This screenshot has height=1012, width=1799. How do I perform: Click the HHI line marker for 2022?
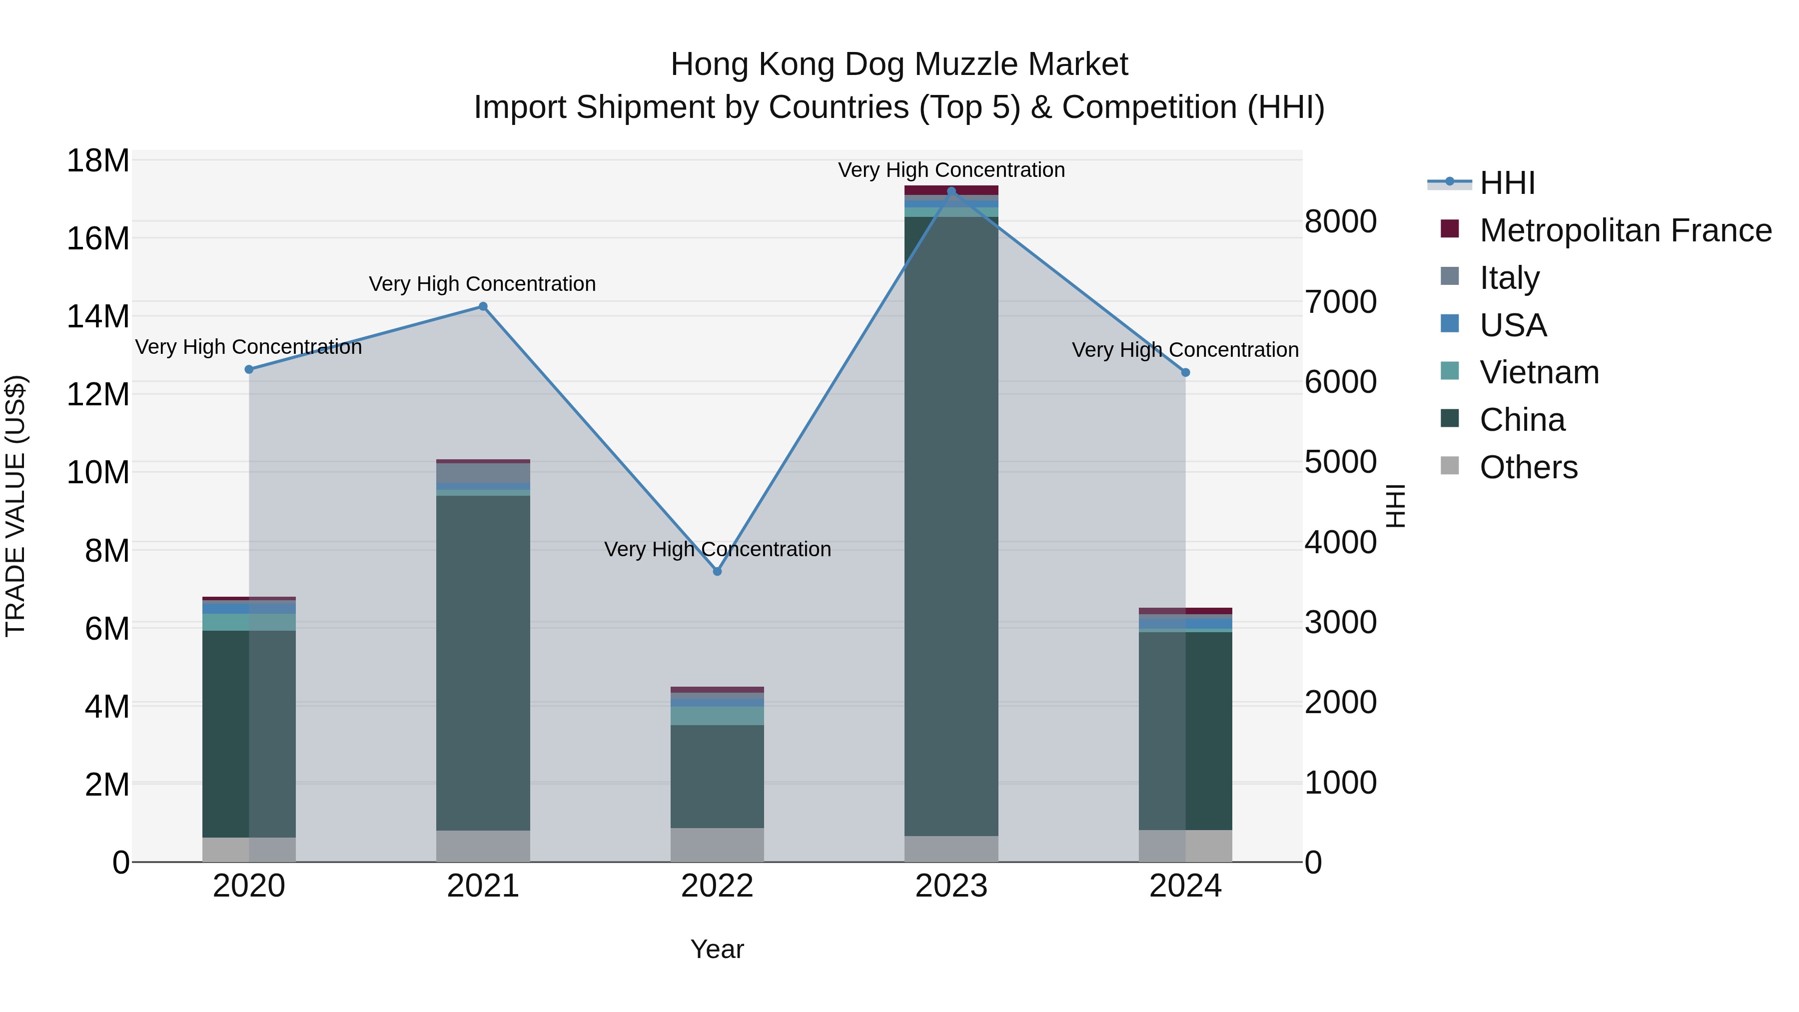(717, 571)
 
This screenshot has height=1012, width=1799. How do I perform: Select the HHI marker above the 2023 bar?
(951, 191)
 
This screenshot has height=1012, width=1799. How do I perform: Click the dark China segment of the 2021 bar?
(483, 664)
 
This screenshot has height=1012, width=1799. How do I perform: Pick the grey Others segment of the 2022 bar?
(717, 845)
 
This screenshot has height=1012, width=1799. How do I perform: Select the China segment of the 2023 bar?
(951, 524)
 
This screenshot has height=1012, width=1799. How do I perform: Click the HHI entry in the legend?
(1507, 183)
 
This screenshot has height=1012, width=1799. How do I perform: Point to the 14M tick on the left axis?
(98, 316)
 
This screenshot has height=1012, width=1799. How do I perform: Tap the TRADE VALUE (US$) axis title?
(15, 506)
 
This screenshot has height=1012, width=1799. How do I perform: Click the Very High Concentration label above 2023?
(951, 170)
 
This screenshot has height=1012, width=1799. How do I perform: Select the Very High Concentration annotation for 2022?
(717, 549)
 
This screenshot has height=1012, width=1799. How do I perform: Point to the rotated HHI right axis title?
(1395, 506)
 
